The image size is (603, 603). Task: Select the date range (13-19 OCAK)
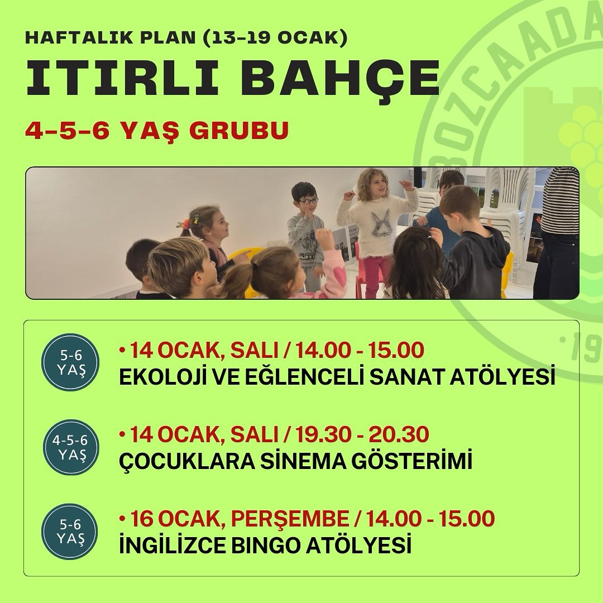tap(276, 39)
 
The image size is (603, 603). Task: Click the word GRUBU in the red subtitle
tap(239, 130)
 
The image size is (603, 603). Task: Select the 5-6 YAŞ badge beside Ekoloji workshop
tap(71, 362)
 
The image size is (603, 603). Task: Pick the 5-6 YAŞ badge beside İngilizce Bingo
tap(70, 532)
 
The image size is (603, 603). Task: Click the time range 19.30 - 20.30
tap(362, 434)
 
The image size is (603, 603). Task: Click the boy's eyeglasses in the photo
tap(308, 200)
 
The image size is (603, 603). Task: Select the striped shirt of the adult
tap(559, 200)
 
